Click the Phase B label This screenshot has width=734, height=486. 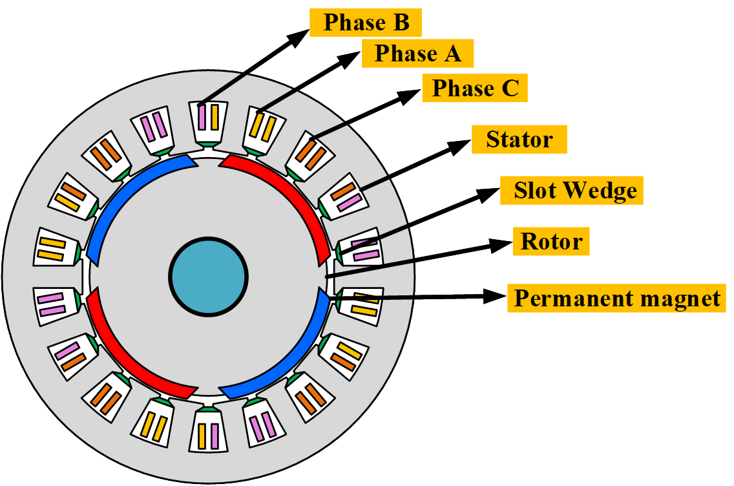pos(366,23)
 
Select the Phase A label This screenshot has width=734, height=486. pos(418,54)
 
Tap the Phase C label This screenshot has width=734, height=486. pos(475,88)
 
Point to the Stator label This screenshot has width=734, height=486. pos(519,140)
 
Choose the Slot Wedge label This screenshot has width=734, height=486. pos(572,191)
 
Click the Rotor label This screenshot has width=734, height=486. pos(551,242)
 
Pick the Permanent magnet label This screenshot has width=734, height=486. pos(616,299)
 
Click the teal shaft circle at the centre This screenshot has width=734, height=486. pos(208,277)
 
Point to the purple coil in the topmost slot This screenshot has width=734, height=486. pos(202,118)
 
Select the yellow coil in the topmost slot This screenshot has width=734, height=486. pos(215,118)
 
